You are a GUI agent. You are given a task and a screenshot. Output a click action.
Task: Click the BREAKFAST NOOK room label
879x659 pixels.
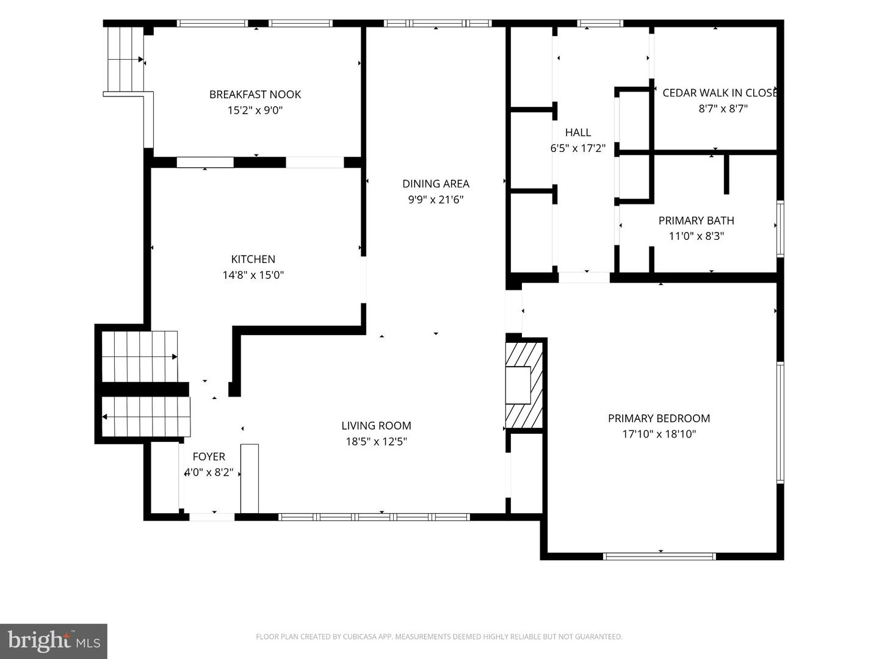(255, 95)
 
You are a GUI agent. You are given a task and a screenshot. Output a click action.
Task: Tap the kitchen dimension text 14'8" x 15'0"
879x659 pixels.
(253, 275)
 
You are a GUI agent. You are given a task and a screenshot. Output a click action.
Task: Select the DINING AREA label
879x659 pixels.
(436, 184)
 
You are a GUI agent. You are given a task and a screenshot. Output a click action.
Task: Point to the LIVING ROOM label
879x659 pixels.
(376, 425)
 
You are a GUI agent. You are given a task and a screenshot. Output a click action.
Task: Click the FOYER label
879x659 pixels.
(209, 456)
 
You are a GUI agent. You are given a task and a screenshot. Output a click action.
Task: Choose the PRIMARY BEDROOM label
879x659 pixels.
(659, 418)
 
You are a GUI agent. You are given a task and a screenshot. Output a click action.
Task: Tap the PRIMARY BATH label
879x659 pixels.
(696, 220)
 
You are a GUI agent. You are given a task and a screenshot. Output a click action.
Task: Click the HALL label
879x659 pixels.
(578, 132)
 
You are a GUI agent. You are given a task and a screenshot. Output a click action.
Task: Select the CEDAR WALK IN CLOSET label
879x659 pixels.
(720, 93)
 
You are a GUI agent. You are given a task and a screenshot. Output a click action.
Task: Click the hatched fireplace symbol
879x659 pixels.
(524, 385)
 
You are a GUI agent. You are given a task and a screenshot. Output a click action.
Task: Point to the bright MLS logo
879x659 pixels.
(54, 641)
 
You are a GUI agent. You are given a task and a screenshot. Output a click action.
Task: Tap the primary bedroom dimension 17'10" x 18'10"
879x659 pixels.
(659, 434)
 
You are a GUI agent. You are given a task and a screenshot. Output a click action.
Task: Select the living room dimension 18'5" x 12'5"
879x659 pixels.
(376, 441)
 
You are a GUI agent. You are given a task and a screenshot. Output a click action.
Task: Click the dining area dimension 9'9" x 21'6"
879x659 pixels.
(436, 200)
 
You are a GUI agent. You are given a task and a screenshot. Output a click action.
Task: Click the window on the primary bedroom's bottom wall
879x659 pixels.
(659, 556)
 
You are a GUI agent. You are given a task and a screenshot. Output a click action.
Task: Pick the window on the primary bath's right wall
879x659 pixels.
(781, 228)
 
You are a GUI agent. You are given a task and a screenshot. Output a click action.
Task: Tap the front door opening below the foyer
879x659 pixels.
(212, 517)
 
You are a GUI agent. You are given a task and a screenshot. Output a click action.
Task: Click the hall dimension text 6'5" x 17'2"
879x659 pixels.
(578, 148)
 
